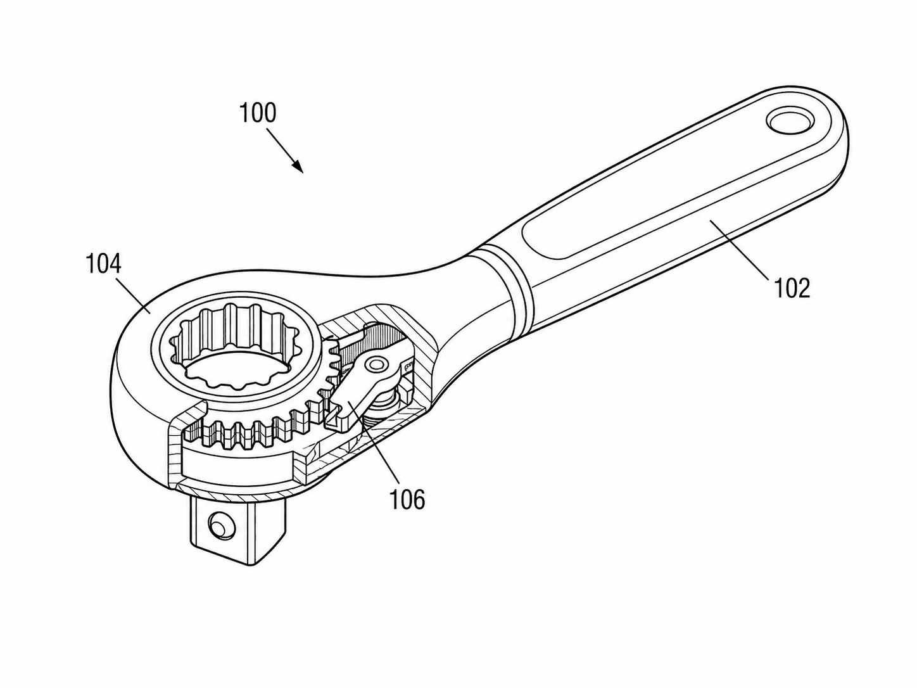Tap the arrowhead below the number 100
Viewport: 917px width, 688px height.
(298, 167)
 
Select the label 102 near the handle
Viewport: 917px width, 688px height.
(792, 288)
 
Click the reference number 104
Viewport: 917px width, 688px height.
(103, 264)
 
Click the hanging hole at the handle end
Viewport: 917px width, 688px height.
(790, 122)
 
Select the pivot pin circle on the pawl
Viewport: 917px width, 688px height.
(376, 364)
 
